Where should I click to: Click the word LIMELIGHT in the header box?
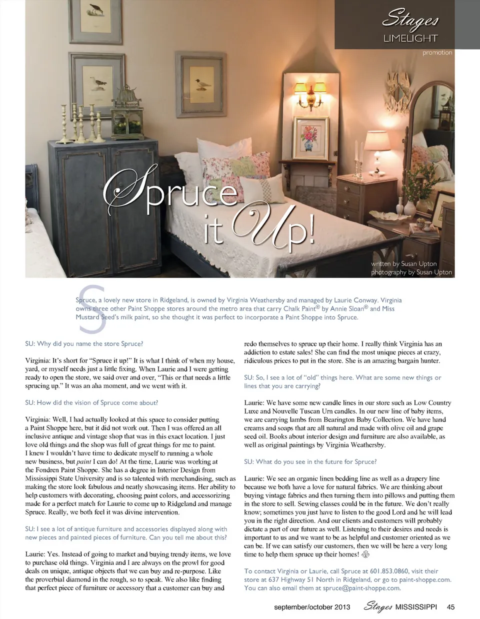click(410, 38)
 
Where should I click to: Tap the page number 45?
click(450, 607)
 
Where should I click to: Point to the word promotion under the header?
click(437, 52)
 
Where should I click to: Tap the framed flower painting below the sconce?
click(310, 137)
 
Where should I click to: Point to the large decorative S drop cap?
click(92, 309)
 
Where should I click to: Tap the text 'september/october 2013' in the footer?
click(312, 607)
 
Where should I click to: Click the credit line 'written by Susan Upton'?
click(403, 263)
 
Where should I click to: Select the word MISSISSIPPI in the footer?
click(416, 607)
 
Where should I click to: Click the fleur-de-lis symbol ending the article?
click(365, 554)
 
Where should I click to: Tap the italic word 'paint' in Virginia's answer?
click(84, 461)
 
